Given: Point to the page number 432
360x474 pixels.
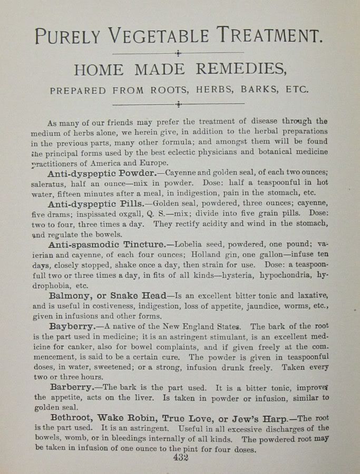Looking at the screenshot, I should (x=180, y=457).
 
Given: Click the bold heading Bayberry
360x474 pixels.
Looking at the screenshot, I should (x=71, y=327).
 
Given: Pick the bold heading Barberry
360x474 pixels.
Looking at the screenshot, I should (x=71, y=387).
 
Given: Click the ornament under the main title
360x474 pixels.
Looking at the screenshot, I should (x=179, y=53).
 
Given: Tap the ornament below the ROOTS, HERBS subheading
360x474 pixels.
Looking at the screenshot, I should (x=179, y=104).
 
